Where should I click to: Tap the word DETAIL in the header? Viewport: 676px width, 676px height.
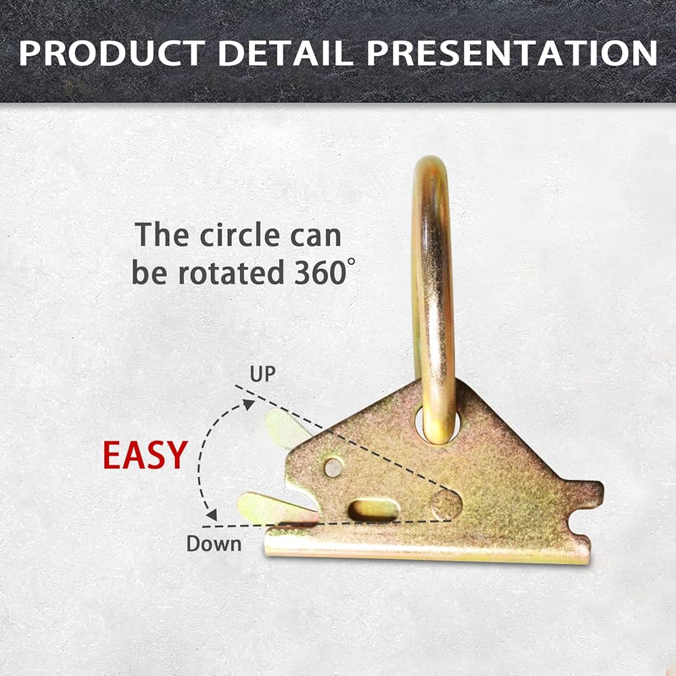(x=286, y=53)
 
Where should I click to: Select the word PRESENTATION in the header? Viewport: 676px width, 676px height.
(x=512, y=53)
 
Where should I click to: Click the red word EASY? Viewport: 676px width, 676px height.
(x=145, y=455)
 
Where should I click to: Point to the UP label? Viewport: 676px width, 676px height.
(x=262, y=375)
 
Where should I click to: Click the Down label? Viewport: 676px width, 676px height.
(x=214, y=544)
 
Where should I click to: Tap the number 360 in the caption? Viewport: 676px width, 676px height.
(x=320, y=273)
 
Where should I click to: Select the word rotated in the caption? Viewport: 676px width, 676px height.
(x=231, y=273)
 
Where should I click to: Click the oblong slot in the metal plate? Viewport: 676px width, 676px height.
(x=373, y=510)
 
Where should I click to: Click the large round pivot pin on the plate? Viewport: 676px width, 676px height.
(x=446, y=504)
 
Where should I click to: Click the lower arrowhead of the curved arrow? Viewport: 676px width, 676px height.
(x=212, y=514)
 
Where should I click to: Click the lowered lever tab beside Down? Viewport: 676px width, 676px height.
(x=276, y=510)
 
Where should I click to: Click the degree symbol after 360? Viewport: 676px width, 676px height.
(x=352, y=261)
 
